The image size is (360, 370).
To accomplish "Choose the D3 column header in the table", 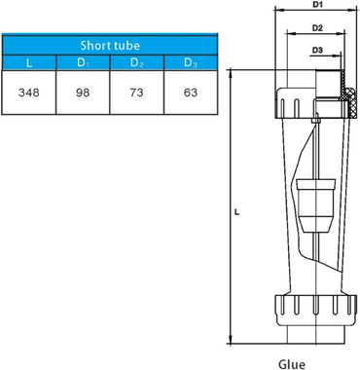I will [189, 63].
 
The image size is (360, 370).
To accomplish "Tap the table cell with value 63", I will [189, 90].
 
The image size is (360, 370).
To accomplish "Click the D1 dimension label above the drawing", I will [317, 6].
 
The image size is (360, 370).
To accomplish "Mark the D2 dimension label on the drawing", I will [317, 28].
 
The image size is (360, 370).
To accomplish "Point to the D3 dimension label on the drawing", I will [317, 50].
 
